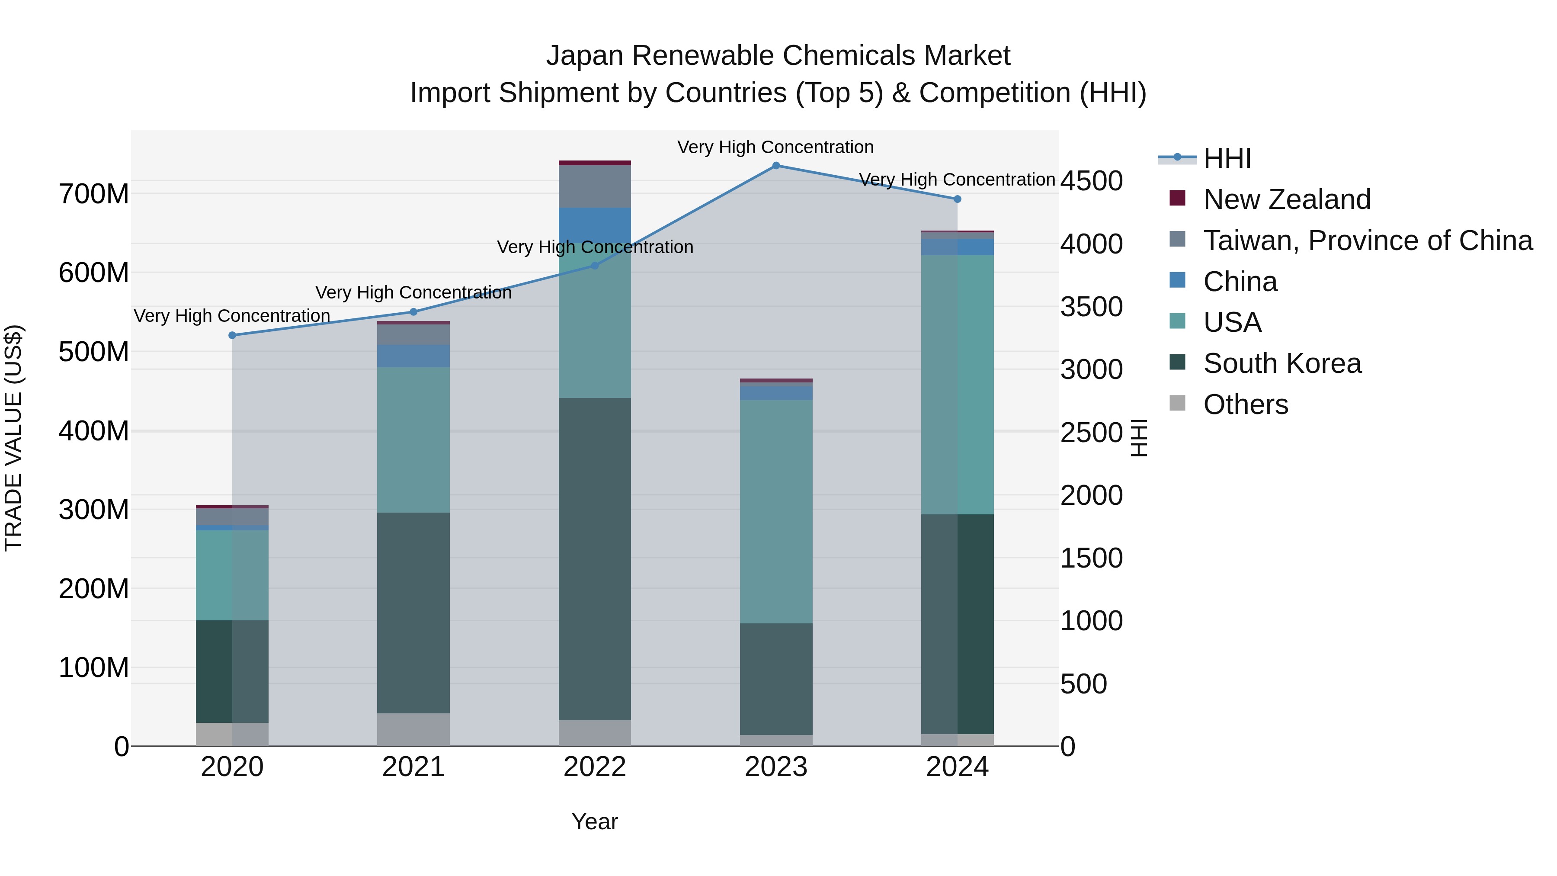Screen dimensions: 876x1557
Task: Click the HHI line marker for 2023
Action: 776,166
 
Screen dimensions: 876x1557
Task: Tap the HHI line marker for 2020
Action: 232,336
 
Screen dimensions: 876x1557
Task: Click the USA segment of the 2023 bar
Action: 776,511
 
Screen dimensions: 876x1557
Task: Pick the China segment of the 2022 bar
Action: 595,225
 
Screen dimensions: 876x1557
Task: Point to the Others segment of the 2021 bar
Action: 413,730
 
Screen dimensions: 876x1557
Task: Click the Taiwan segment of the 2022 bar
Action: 595,186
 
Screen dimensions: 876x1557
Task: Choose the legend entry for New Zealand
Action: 1286,199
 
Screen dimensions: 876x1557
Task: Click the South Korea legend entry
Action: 1281,364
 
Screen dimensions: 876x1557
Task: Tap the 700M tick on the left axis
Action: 94,195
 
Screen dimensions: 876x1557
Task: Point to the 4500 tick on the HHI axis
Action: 1092,181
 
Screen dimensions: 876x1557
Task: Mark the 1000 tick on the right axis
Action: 1092,621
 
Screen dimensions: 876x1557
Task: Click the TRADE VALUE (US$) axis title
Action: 14,438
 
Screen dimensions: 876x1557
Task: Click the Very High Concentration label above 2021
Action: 413,292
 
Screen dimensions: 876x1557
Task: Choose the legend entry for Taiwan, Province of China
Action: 1367,241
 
